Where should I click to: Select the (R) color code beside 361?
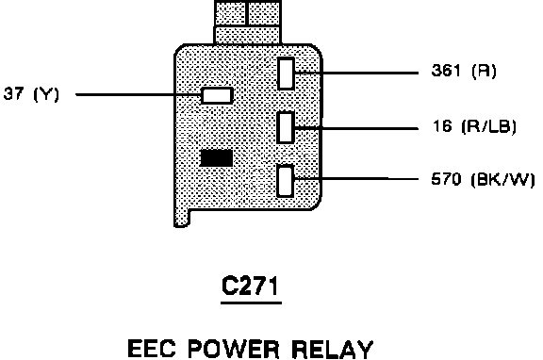pos(484,71)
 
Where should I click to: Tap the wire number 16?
pos(442,125)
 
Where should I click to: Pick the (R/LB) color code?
pos(489,126)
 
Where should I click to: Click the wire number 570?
pos(447,179)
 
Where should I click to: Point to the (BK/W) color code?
pos(503,180)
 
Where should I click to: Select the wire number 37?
pos(13,93)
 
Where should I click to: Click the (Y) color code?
pos(46,94)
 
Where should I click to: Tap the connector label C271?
pos(250,286)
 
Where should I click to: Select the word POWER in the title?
pos(234,349)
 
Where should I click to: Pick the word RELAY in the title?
pos(333,349)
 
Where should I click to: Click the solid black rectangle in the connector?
pos(217,157)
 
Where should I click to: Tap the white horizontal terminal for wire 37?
pos(217,95)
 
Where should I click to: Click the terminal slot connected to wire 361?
pos(286,74)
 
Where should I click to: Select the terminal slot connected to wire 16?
pos(286,127)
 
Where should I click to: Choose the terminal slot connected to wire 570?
pos(286,181)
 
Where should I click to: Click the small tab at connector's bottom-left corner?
pos(182,218)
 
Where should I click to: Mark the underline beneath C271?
pos(251,303)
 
